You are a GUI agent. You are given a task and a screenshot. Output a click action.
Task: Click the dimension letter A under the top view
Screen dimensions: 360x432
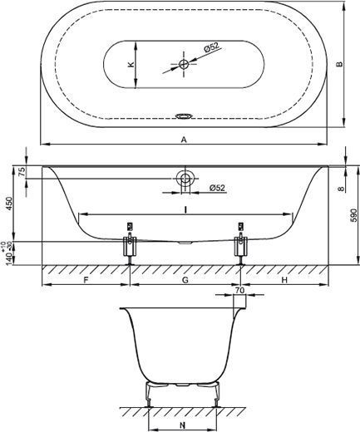click(x=184, y=140)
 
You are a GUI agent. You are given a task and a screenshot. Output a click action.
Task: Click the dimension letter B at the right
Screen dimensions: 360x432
click(x=339, y=64)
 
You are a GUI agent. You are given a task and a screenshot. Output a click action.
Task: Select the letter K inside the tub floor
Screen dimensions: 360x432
click(x=131, y=65)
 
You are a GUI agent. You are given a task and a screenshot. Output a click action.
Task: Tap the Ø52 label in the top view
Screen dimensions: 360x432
click(x=211, y=47)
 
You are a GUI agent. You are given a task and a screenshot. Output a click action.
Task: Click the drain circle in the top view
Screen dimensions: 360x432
click(x=184, y=65)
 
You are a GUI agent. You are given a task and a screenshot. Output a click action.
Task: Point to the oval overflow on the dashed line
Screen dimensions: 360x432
click(x=184, y=116)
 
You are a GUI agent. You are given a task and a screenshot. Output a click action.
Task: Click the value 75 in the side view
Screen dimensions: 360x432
click(x=22, y=172)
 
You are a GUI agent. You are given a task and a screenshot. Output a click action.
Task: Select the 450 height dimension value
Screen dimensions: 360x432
click(x=9, y=204)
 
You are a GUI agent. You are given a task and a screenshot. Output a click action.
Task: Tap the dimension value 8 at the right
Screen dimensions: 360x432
click(x=341, y=189)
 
